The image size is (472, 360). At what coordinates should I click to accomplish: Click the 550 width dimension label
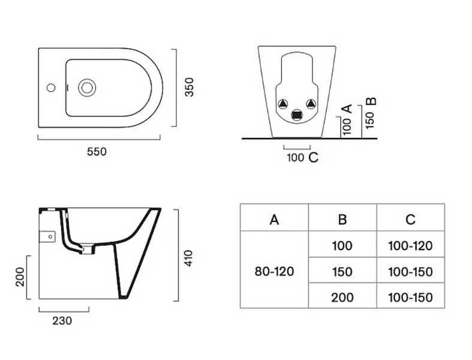(x=97, y=152)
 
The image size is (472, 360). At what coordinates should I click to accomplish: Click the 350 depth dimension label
(x=190, y=87)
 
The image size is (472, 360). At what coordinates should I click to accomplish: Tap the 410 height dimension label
(x=188, y=258)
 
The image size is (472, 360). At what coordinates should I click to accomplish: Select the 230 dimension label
(x=62, y=321)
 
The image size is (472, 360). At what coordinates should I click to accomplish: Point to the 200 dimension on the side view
(x=20, y=277)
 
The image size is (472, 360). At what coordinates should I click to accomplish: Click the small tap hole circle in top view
(x=51, y=88)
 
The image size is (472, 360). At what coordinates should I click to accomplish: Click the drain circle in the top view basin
(x=87, y=88)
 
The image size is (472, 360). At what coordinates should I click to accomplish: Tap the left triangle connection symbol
(x=282, y=104)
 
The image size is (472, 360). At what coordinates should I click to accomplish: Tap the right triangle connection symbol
(x=311, y=104)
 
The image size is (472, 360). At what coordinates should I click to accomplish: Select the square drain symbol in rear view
(x=297, y=115)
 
